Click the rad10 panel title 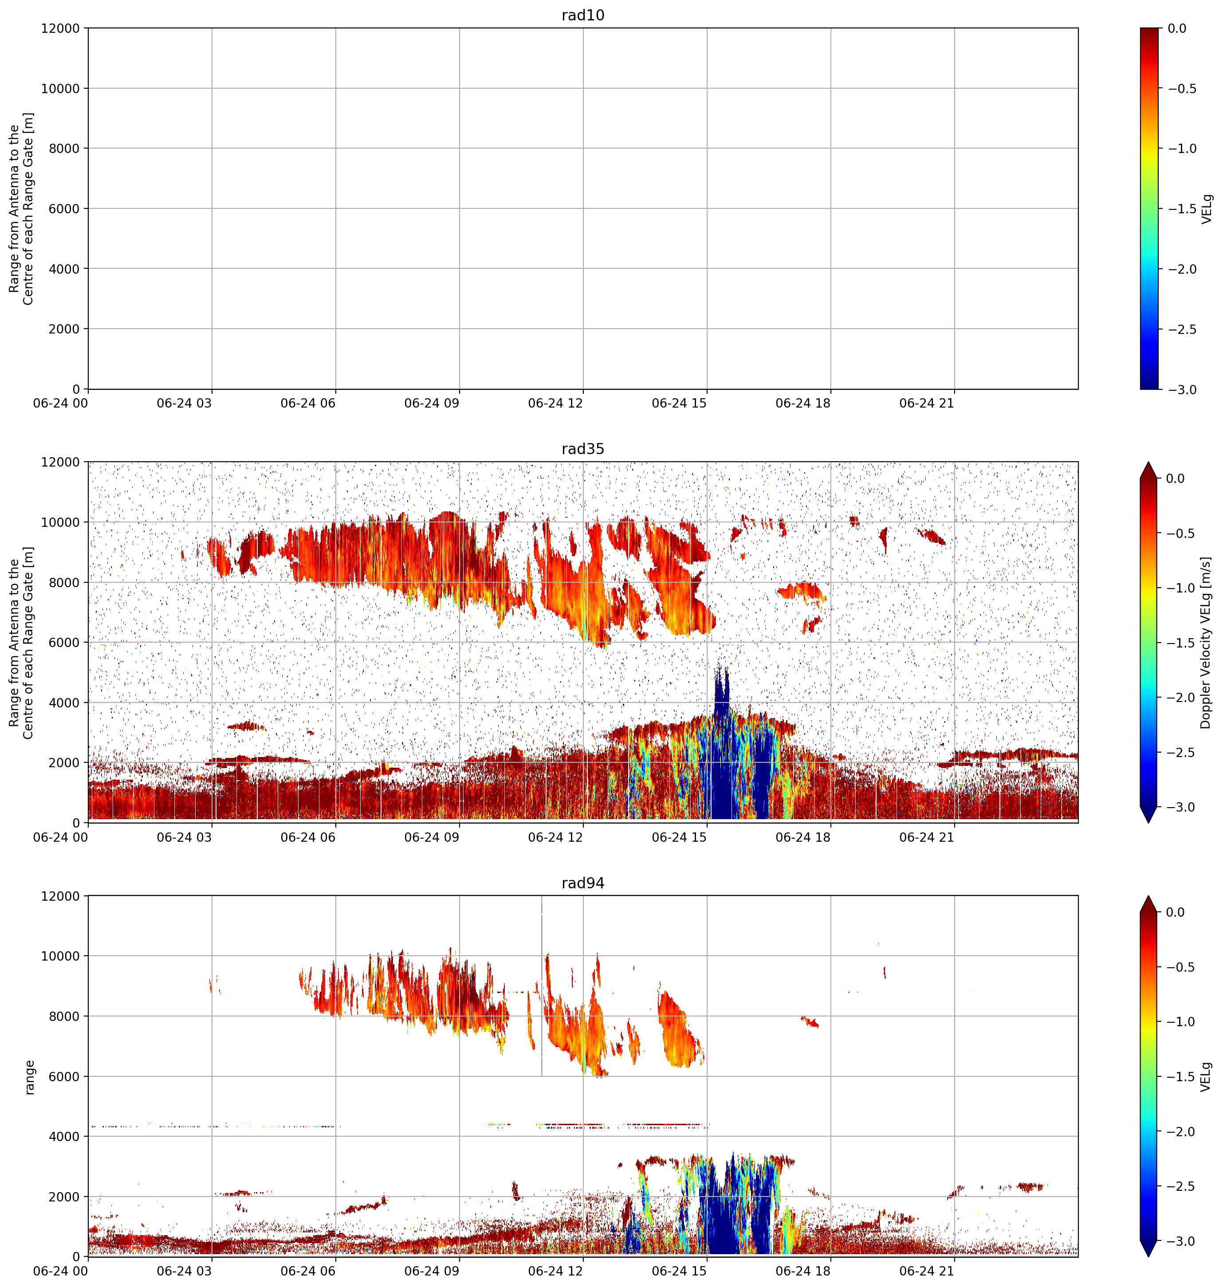pyautogui.click(x=583, y=15)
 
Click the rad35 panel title pyautogui.click(x=583, y=449)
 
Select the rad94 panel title pyautogui.click(x=583, y=883)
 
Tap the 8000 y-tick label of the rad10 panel pyautogui.click(x=64, y=149)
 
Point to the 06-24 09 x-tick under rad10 pyautogui.click(x=432, y=404)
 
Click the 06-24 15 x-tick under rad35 pyautogui.click(x=679, y=837)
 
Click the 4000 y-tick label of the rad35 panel pyautogui.click(x=64, y=702)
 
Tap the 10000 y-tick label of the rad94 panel pyautogui.click(x=61, y=956)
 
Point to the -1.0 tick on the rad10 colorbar pyautogui.click(x=1180, y=149)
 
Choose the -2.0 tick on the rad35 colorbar pyautogui.click(x=1180, y=697)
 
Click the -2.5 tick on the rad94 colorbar pyautogui.click(x=1180, y=1186)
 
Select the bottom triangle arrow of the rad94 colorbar pyautogui.click(x=1148, y=1248)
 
